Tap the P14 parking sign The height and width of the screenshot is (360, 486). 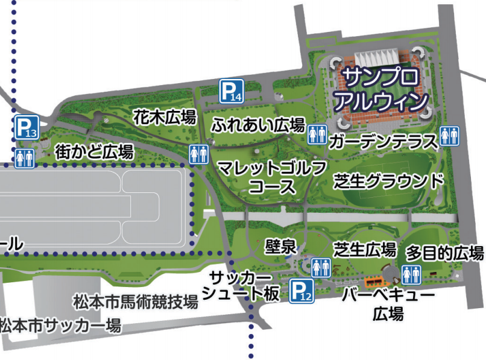tap(230, 91)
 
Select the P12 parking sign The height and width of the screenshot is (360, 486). tap(301, 292)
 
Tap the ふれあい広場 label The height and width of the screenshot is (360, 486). tap(257, 125)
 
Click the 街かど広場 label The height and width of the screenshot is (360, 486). tap(94, 151)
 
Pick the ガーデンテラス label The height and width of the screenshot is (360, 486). tap(383, 142)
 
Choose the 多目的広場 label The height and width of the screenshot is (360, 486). tap(444, 252)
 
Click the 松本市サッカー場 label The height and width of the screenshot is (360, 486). tap(61, 326)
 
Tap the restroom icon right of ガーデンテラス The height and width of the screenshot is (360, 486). tap(449, 136)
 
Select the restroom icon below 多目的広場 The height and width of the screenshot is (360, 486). tap(411, 275)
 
